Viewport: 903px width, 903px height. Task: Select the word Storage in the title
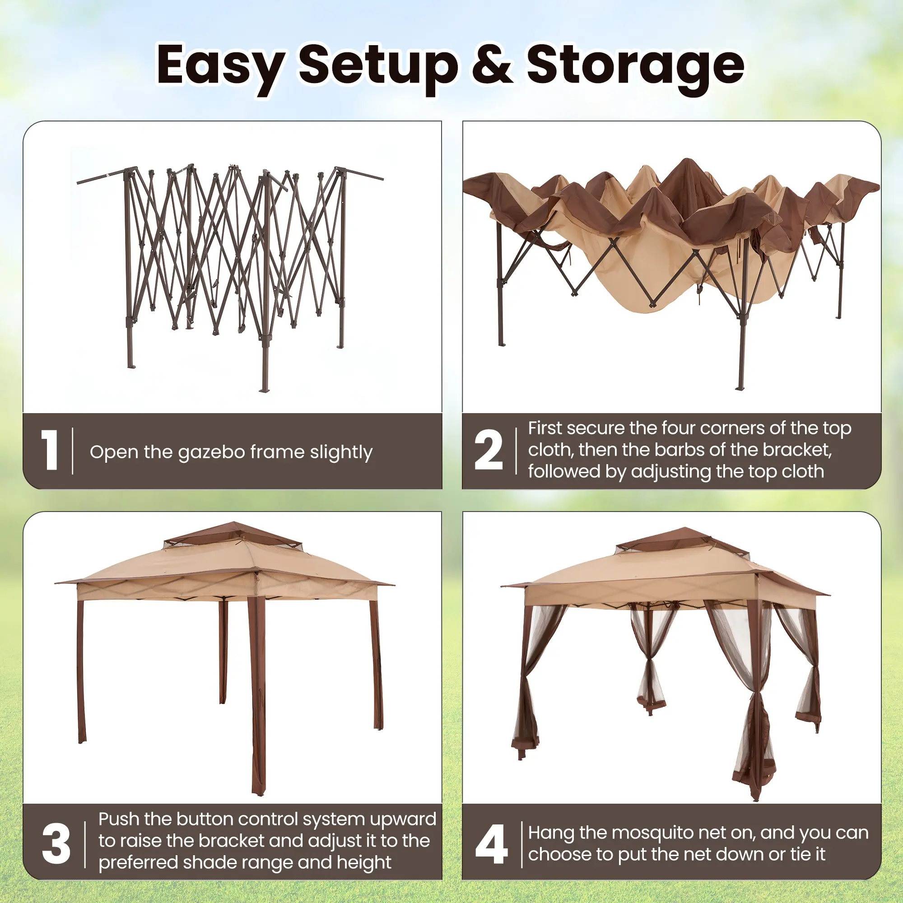[x=635, y=68]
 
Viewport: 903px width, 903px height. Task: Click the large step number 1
[x=50, y=450]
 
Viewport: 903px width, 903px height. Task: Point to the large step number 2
[x=489, y=450]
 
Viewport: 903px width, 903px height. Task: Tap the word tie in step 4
[x=801, y=854]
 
